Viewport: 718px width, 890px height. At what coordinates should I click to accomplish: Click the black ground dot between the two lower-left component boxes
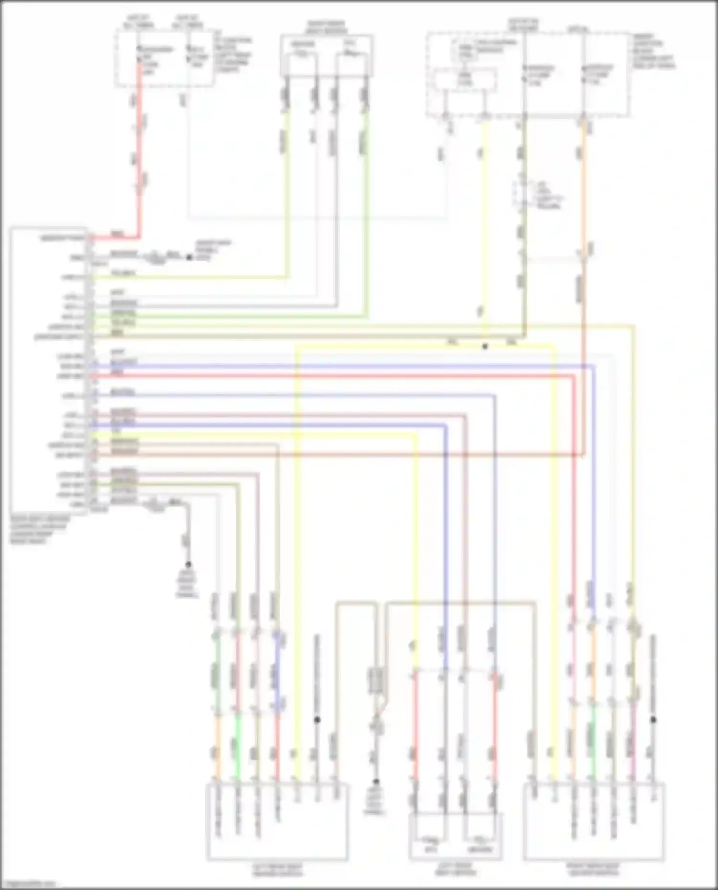376,781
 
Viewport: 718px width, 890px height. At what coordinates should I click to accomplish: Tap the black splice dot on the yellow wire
485,346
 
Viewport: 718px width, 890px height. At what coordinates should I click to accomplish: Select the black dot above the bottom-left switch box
317,720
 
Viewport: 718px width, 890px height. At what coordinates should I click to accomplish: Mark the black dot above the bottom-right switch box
653,720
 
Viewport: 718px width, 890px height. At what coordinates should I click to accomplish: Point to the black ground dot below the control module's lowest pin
188,564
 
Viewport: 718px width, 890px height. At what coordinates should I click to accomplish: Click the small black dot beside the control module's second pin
189,258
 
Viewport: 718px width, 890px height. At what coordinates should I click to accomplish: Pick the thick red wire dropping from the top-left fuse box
140,143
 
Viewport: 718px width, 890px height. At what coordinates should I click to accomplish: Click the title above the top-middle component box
326,27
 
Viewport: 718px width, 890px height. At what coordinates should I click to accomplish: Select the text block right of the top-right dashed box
653,51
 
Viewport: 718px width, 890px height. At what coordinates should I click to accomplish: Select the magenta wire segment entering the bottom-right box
633,736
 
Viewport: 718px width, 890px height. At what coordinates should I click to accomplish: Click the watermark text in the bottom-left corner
29,884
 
